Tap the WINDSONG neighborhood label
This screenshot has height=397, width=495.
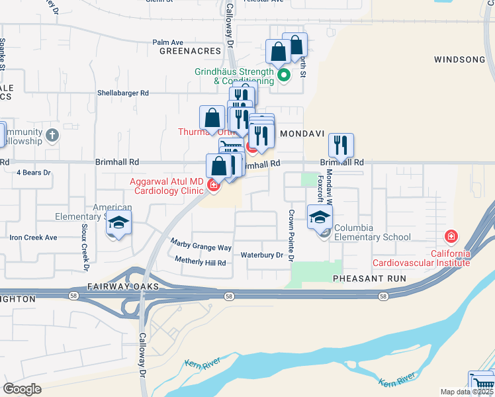point(459,60)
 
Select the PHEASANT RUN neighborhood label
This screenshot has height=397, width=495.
point(369,279)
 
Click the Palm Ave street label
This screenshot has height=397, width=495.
point(167,42)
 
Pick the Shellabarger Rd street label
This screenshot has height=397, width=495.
point(123,93)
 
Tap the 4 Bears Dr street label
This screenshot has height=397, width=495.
point(33,173)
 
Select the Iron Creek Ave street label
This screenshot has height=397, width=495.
point(33,238)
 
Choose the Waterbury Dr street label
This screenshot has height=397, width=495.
point(261,255)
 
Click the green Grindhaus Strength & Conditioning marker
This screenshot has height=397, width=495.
point(284,75)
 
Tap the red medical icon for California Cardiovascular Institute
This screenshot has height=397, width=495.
point(451,236)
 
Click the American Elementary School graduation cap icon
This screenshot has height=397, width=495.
point(118,223)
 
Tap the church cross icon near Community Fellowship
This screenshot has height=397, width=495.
point(53,135)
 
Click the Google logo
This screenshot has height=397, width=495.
point(22,389)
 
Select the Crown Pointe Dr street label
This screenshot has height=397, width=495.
point(290,236)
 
